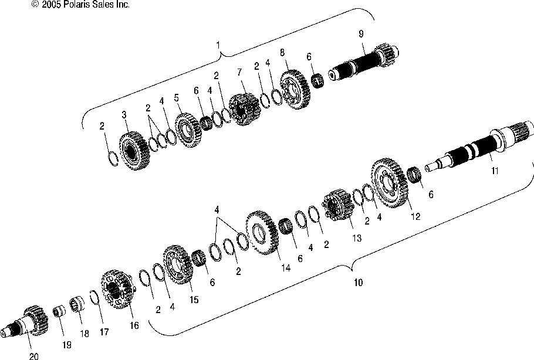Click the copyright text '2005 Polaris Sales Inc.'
pos(86,4)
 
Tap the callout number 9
pos(361,33)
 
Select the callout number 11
pos(495,171)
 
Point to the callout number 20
pos(33,356)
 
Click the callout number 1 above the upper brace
pos(218,45)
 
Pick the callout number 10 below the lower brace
pos(359,283)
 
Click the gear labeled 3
pos(134,151)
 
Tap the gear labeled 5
pos(188,130)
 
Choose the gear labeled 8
pos(295,90)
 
